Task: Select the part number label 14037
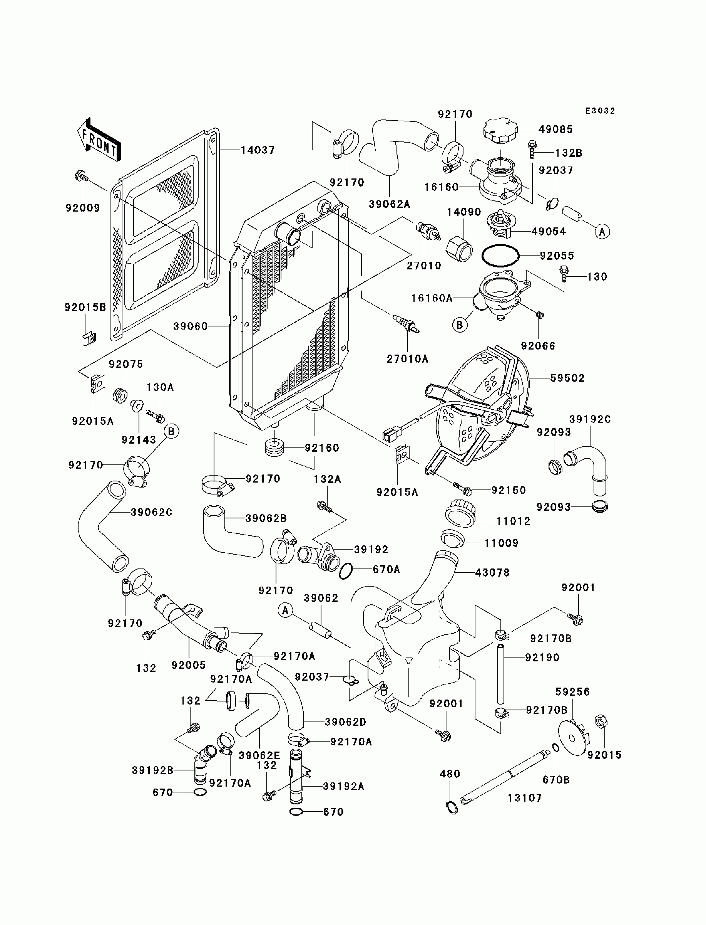click(x=257, y=150)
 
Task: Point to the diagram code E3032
click(x=600, y=111)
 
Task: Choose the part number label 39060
click(x=191, y=326)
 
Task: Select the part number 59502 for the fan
click(x=567, y=378)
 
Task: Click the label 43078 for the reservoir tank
click(x=492, y=572)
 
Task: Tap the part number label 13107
click(x=525, y=797)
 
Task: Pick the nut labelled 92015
click(x=601, y=721)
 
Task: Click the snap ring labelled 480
click(x=451, y=808)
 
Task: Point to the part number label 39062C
click(x=151, y=512)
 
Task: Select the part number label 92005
click(x=188, y=665)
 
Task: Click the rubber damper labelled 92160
click(x=274, y=447)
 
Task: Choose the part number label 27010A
click(x=407, y=359)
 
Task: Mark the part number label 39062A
click(x=389, y=204)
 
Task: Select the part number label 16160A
click(x=432, y=298)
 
